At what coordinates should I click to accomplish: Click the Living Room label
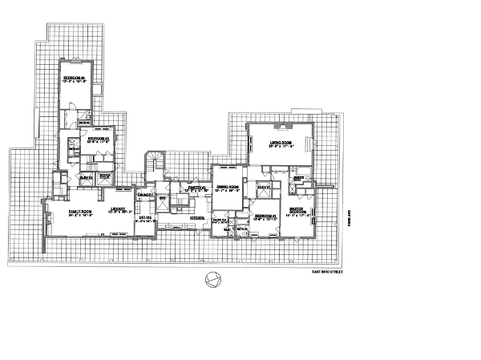tap(280, 143)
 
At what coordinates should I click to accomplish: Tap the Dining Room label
tap(228, 187)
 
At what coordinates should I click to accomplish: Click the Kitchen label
tap(196, 217)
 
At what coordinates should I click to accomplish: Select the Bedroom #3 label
tap(100, 138)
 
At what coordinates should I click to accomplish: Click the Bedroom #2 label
tap(265, 216)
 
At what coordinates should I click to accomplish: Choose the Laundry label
tap(144, 195)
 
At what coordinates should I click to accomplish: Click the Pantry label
tap(193, 188)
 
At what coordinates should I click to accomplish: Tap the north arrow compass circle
tap(212, 280)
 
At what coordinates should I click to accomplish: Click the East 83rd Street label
tap(327, 273)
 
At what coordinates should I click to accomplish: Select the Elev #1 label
tap(261, 187)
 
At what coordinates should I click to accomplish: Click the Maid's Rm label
tap(220, 221)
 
